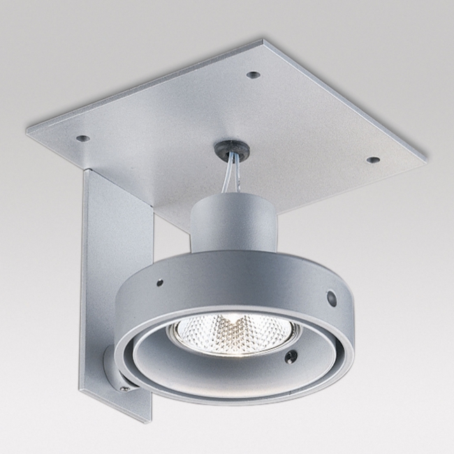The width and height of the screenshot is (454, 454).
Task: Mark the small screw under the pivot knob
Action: point(124,386)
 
